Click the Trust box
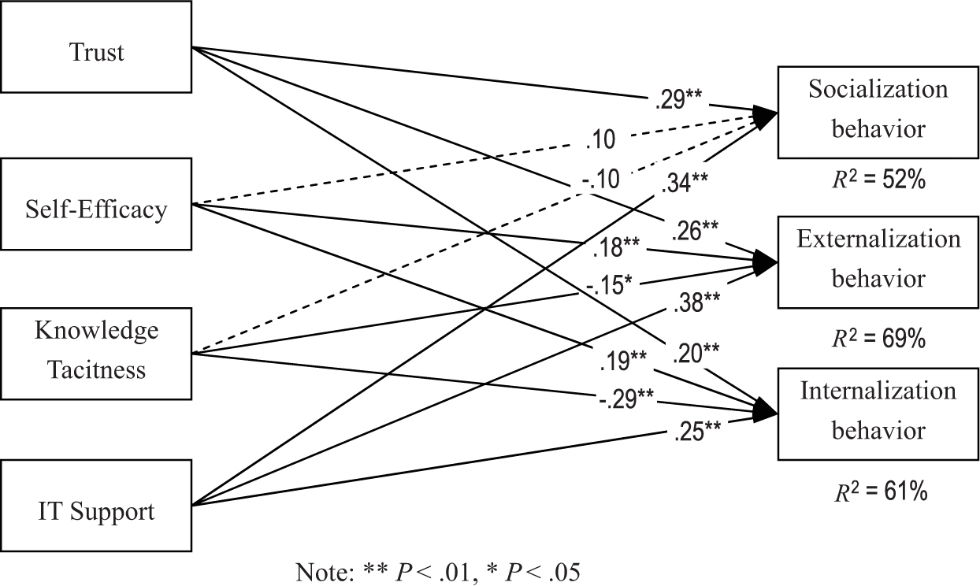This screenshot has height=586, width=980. (x=96, y=53)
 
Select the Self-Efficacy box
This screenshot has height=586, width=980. (x=96, y=209)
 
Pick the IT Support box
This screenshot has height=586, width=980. (x=96, y=512)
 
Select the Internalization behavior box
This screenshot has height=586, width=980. (x=878, y=412)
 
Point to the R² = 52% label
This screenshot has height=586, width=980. (x=878, y=181)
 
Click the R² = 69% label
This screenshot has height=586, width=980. (x=878, y=339)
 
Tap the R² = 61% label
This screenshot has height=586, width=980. (x=878, y=492)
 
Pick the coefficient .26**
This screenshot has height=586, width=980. (x=695, y=230)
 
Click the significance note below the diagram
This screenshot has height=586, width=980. (x=437, y=571)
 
